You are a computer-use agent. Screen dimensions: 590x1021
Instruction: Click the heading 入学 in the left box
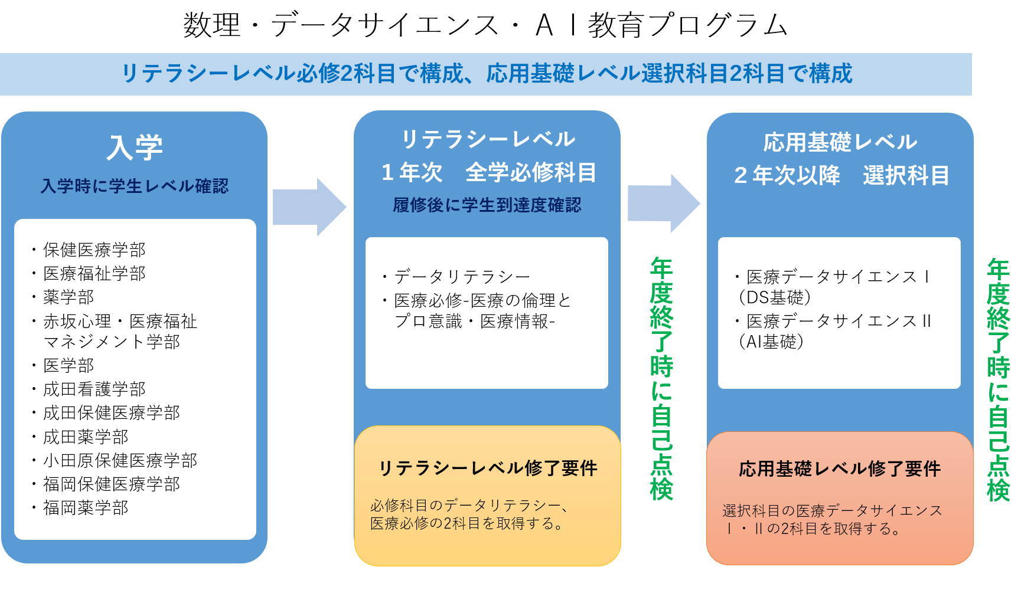tap(135, 147)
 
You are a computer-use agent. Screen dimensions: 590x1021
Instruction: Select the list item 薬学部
tap(68, 297)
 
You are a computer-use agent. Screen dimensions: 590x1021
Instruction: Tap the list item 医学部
tap(68, 365)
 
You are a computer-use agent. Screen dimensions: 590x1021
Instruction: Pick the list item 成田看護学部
tap(94, 389)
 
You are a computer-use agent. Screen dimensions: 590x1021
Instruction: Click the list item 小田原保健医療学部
tap(120, 460)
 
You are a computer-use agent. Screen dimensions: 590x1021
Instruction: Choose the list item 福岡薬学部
tap(86, 507)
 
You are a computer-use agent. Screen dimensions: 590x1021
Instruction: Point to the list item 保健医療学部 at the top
tap(94, 250)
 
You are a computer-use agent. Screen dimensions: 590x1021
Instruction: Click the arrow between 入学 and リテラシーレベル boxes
tap(309, 207)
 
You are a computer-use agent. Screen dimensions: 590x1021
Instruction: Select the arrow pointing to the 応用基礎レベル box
tap(663, 204)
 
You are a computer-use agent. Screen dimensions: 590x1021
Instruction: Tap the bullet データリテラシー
tap(462, 276)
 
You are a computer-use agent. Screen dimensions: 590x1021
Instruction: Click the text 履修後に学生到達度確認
tap(487, 205)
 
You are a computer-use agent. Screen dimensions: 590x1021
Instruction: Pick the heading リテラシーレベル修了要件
tap(487, 468)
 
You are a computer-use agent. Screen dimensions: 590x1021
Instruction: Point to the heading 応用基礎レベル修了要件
tap(839, 469)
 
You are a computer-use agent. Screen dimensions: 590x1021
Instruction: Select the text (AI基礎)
tap(771, 342)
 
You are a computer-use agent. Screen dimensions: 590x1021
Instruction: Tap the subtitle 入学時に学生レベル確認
tap(135, 186)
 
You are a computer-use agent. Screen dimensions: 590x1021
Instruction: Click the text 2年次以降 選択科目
tap(841, 175)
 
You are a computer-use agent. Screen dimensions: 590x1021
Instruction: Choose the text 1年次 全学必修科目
tap(488, 172)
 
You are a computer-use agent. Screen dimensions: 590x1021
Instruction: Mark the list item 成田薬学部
tap(86, 437)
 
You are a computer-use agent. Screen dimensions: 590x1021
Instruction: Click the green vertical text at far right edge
tap(998, 381)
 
